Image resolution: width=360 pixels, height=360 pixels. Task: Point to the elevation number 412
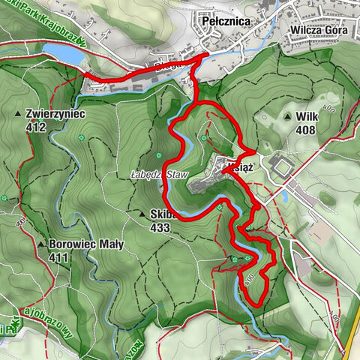34,127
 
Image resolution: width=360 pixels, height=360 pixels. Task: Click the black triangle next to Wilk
288,118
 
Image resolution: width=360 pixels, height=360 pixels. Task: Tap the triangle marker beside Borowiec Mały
40,244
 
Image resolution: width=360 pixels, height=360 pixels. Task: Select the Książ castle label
244,169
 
